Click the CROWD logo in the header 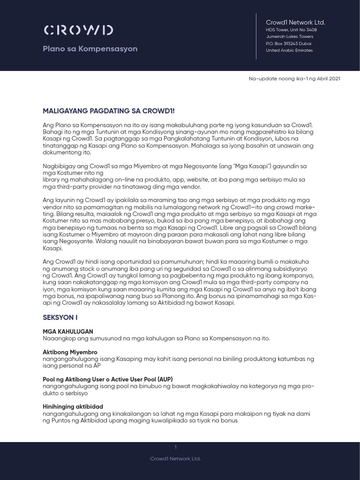pos(78,30)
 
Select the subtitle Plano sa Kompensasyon pos(90,49)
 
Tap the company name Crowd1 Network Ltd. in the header pos(295,22)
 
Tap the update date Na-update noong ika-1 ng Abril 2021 pos(294,78)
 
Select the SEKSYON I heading pos(60,317)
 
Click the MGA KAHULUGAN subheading pos(68,331)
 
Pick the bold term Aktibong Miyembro pos(70,352)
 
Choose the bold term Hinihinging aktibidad pos(73,406)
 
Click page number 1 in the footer pos(175,447)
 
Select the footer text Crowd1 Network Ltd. pos(180,458)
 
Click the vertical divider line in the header pos(256,37)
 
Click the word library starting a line pos(52,180)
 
